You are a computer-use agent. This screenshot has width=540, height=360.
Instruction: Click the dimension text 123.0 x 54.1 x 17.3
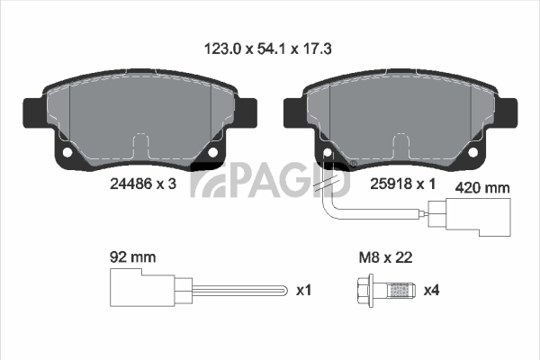tap(267, 49)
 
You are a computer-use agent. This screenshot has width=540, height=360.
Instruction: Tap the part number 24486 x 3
tap(143, 184)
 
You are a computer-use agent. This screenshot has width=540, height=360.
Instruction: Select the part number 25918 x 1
tap(402, 184)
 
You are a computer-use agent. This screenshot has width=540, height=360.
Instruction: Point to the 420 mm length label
tap(482, 188)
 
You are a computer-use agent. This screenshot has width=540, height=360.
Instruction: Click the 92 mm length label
tap(132, 257)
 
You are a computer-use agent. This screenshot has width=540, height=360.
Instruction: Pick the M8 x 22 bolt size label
tap(385, 257)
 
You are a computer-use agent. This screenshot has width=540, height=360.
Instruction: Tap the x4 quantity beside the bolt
tap(431, 290)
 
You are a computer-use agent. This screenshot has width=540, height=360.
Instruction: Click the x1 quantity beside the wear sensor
tap(304, 290)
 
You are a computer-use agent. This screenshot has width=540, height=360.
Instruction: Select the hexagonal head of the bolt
tap(364, 291)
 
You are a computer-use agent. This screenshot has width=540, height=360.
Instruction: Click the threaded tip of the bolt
tap(401, 291)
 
